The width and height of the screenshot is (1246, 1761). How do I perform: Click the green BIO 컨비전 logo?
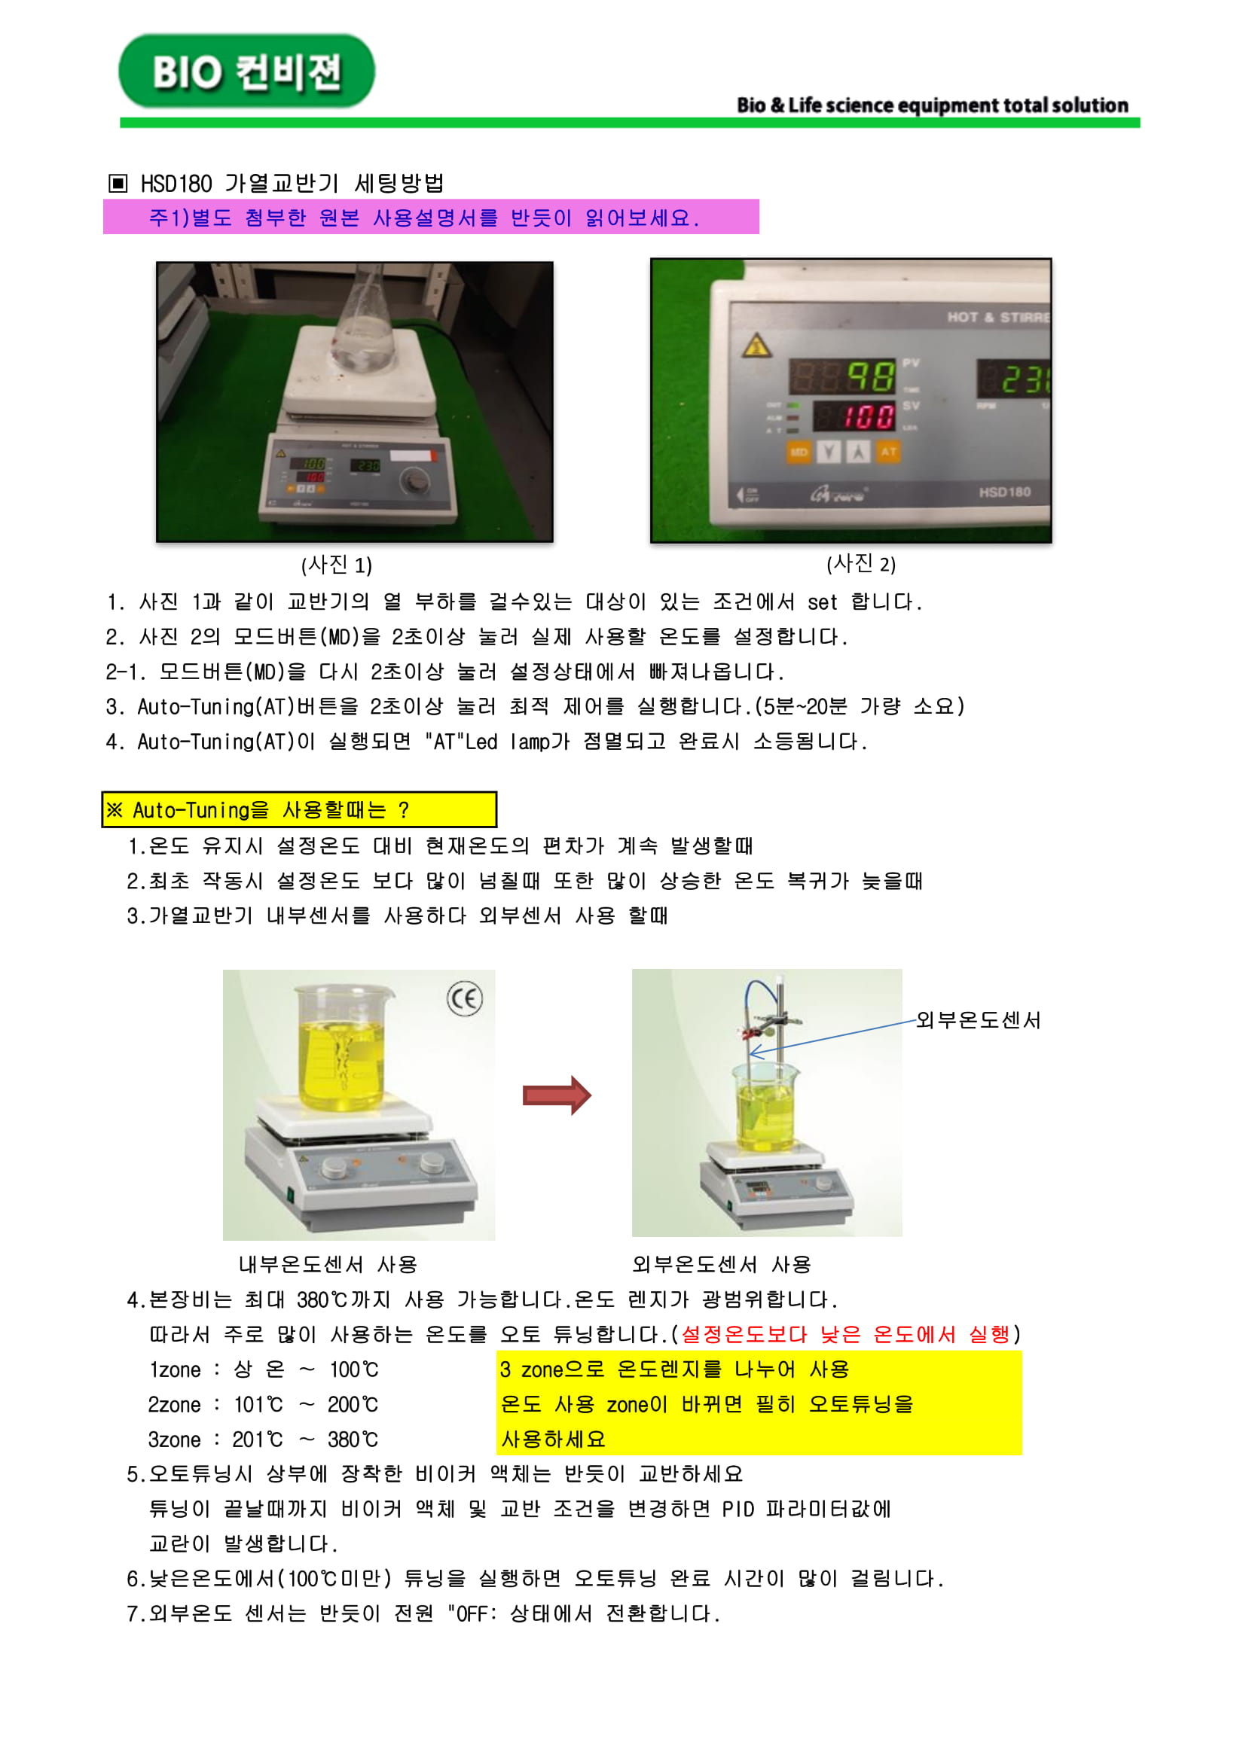[x=246, y=72]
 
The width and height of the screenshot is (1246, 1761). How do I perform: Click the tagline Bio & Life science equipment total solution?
[x=932, y=105]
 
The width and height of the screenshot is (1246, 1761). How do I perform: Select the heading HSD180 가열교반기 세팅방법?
[x=292, y=183]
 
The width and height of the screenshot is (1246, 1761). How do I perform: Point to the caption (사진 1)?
[x=337, y=565]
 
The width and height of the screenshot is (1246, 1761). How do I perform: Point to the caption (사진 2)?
[x=861, y=564]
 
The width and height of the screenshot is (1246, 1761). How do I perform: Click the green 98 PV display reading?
[x=870, y=376]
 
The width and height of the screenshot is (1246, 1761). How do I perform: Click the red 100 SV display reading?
[x=869, y=416]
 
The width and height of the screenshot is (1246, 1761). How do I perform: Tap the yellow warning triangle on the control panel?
[x=756, y=346]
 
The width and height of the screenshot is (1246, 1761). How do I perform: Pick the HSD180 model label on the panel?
[x=1003, y=492]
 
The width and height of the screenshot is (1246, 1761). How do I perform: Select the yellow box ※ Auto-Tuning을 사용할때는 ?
[x=299, y=810]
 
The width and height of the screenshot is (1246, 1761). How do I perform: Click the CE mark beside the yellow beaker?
[x=464, y=998]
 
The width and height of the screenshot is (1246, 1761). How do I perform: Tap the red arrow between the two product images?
[x=557, y=1095]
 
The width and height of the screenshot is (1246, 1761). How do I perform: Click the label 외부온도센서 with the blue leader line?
[x=979, y=1020]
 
